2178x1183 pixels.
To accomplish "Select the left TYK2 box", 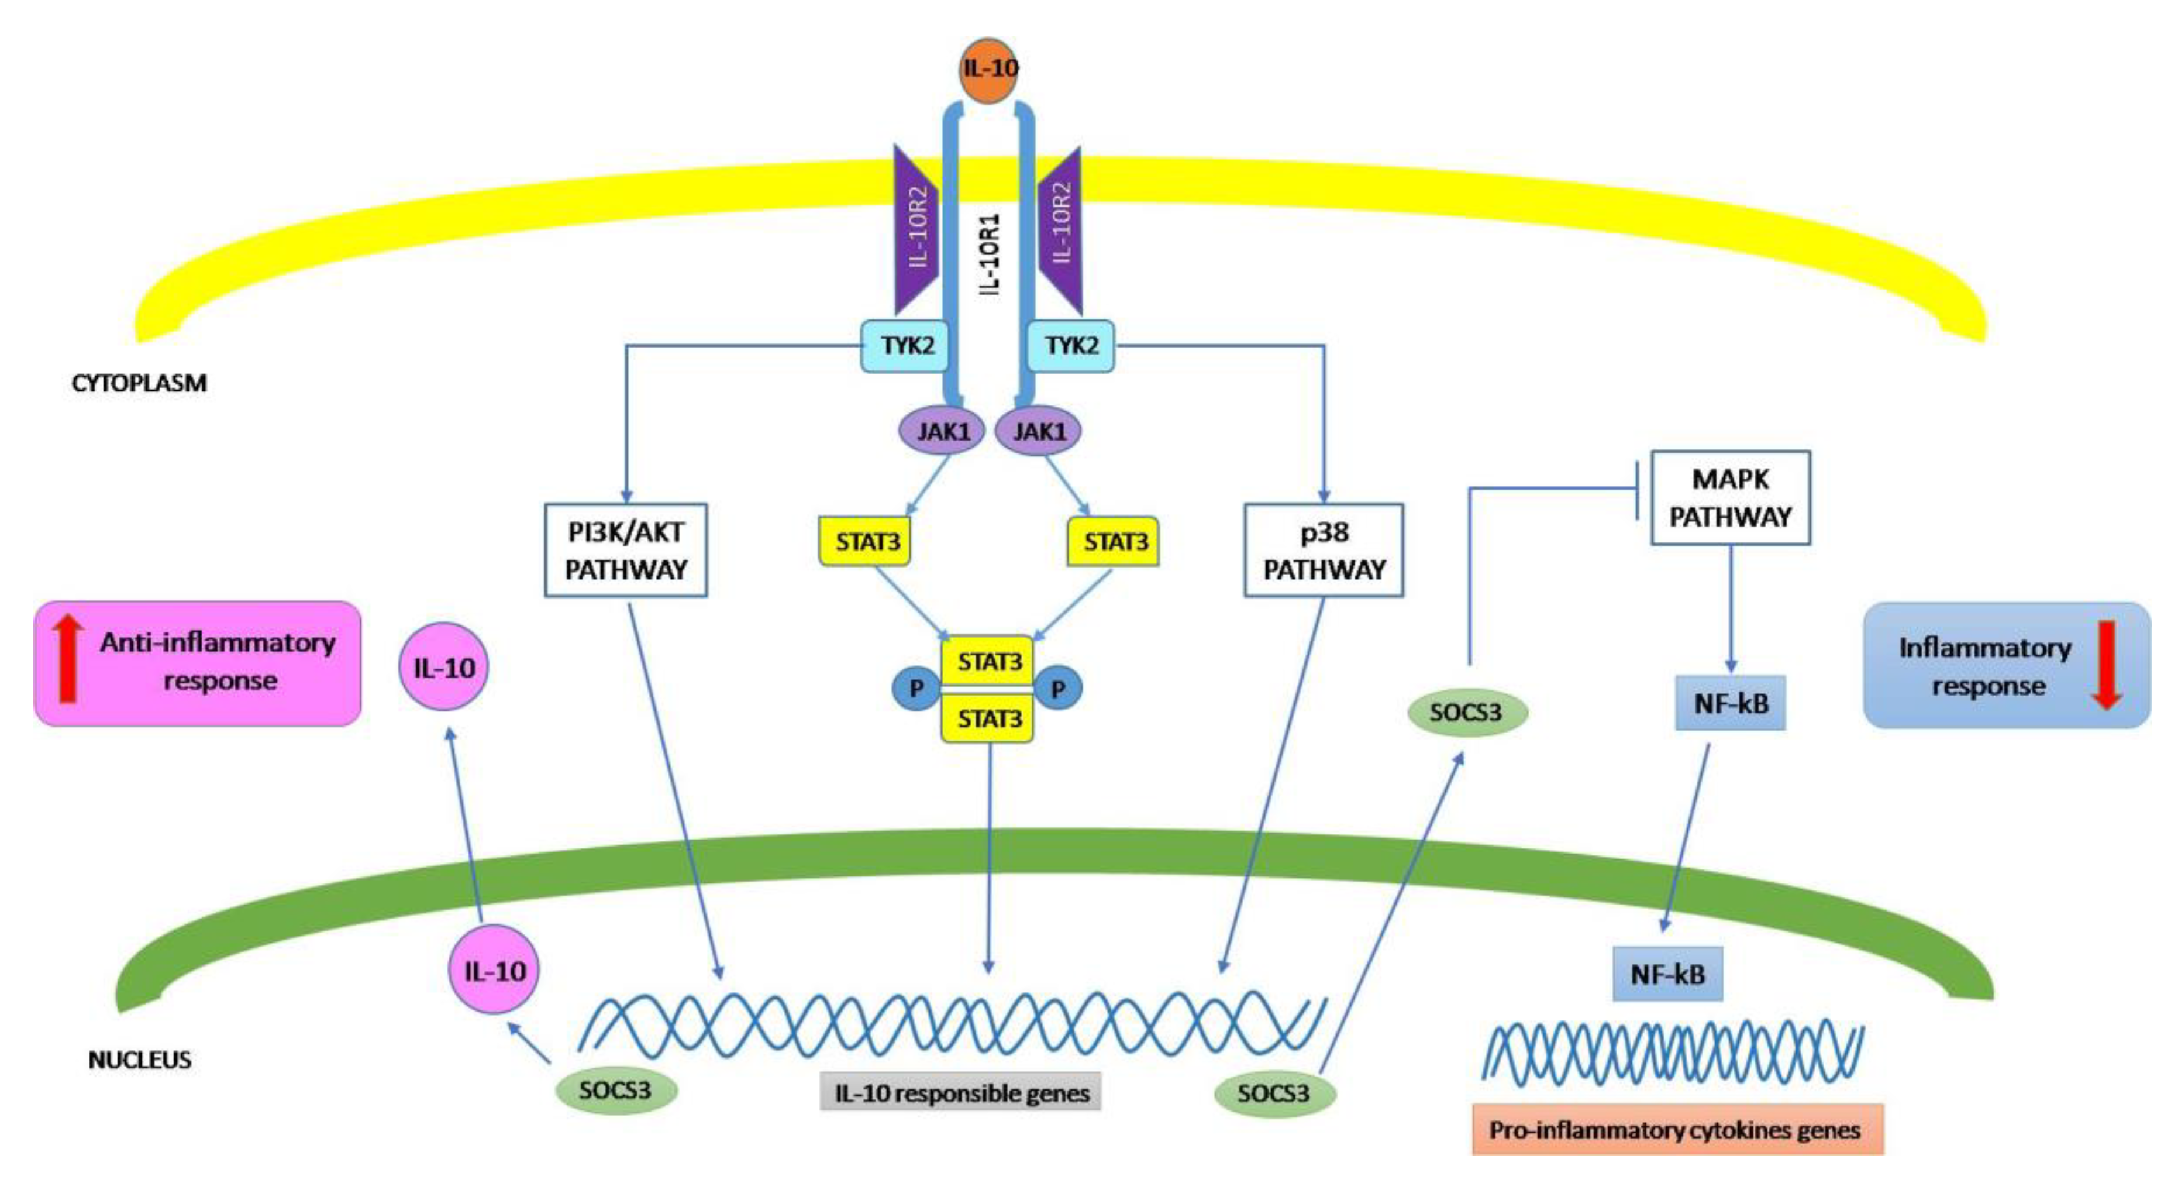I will point(905,346).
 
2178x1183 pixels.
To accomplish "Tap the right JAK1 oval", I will point(1038,431).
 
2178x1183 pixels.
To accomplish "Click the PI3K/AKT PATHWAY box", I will point(626,551).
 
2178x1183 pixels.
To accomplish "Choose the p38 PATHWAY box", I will point(1323,551).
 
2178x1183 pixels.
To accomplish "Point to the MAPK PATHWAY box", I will point(1730,497).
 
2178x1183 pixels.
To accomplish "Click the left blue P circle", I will point(916,689).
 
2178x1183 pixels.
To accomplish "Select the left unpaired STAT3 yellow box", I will point(866,541).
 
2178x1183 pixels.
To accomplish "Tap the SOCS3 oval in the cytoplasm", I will point(1467,713).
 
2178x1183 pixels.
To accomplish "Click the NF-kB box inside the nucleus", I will point(1667,974).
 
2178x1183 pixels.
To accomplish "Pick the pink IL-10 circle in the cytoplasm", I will point(444,667).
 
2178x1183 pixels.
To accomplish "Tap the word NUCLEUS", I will point(140,1060).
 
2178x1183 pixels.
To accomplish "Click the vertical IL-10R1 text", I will point(988,254).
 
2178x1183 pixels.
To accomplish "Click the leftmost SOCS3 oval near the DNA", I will point(615,1090).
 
